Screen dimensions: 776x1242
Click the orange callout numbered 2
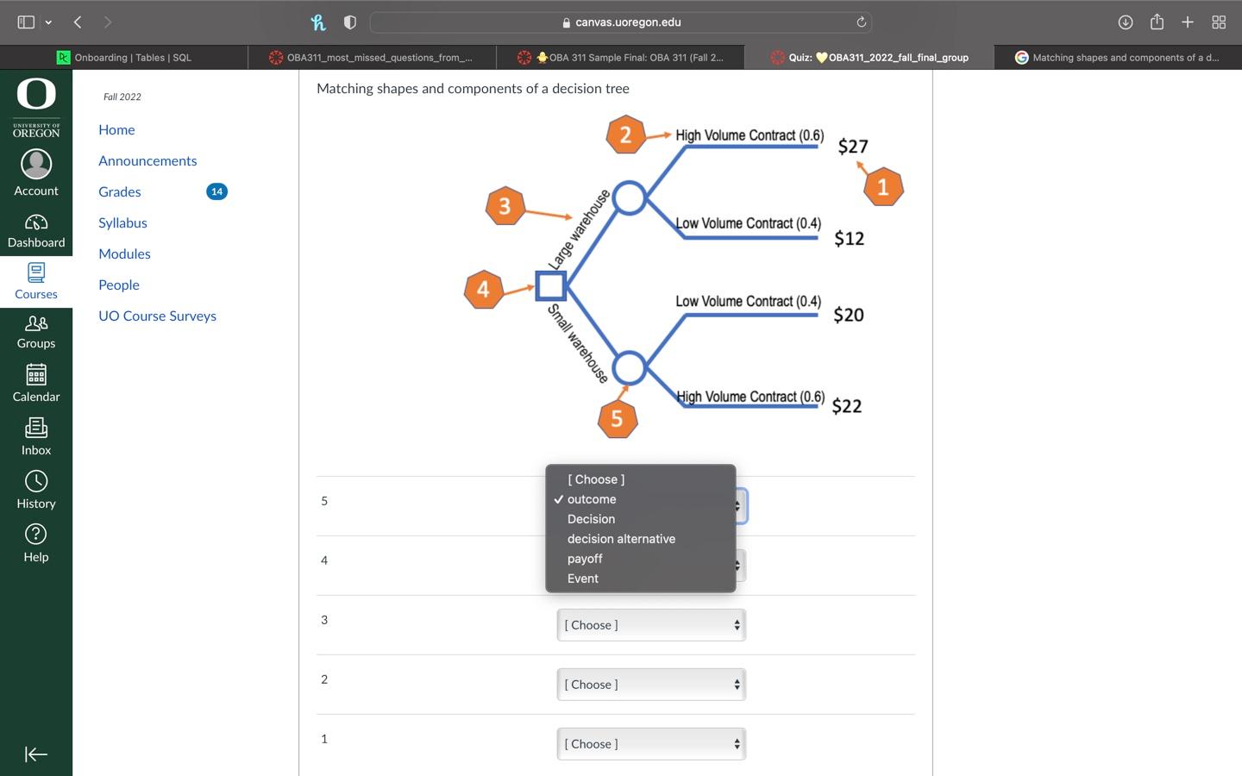[x=626, y=135]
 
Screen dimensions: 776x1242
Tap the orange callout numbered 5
[x=618, y=419]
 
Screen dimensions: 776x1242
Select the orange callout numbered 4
[x=483, y=290]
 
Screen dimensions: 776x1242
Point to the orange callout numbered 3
[x=505, y=206]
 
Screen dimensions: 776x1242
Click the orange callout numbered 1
[x=882, y=187]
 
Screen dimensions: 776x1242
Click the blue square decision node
[x=550, y=285]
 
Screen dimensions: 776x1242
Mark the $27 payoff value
[x=853, y=147]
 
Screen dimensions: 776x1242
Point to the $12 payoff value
[x=849, y=239]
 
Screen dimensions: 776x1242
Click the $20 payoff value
[x=849, y=316]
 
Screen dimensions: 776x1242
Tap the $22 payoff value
[x=847, y=407]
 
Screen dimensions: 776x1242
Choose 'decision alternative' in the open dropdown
[x=621, y=539]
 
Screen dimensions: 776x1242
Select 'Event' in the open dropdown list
[x=583, y=579]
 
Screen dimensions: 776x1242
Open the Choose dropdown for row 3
[x=651, y=625]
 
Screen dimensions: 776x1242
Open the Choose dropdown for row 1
[x=651, y=744]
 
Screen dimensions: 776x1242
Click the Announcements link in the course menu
[x=147, y=160]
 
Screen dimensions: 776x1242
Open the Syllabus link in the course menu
[x=122, y=222]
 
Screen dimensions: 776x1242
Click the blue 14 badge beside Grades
[x=216, y=191]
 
